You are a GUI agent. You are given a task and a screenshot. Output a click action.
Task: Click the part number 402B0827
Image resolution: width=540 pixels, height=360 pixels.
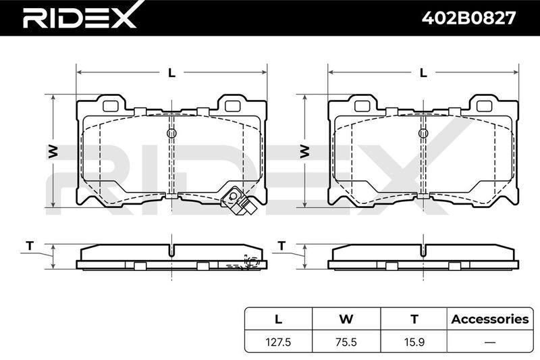(468, 18)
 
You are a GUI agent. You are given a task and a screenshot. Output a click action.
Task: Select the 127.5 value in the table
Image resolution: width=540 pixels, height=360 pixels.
(278, 342)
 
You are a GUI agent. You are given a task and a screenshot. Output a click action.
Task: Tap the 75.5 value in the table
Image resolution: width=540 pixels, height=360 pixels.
(346, 342)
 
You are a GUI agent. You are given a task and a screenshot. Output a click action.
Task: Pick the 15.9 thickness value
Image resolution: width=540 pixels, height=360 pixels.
(414, 342)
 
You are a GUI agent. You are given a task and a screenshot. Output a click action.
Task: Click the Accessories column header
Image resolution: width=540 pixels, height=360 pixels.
(490, 319)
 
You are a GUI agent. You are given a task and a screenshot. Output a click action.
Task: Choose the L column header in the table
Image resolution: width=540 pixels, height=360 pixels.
(278, 319)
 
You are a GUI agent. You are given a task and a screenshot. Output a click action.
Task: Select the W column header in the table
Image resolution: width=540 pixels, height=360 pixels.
(346, 319)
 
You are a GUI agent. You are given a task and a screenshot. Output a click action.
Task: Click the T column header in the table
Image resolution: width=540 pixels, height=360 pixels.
(414, 319)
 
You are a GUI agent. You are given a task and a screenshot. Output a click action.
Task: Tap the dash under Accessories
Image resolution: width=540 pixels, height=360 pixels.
(490, 342)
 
